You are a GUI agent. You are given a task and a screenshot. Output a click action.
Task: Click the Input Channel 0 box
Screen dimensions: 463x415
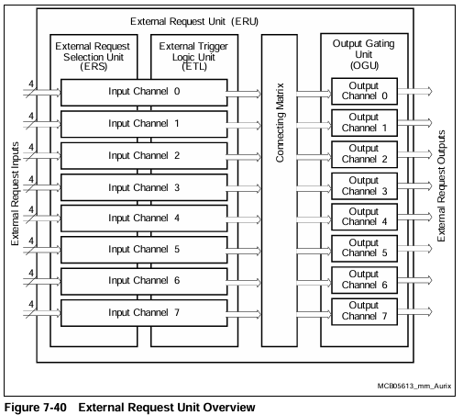click(x=144, y=93)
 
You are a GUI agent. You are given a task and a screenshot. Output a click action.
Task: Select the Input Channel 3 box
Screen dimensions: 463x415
click(x=144, y=187)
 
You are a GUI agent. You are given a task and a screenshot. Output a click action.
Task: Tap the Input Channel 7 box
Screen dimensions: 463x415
click(x=144, y=313)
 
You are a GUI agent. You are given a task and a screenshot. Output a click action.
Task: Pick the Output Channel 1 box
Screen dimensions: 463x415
click(x=364, y=123)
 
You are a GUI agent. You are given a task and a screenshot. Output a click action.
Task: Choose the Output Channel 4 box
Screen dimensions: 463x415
click(x=364, y=217)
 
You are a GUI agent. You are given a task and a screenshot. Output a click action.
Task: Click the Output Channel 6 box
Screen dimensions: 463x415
click(x=364, y=280)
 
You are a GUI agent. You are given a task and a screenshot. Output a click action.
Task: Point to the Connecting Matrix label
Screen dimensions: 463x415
click(x=280, y=122)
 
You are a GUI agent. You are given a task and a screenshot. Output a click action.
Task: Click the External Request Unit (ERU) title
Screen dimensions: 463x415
click(x=194, y=21)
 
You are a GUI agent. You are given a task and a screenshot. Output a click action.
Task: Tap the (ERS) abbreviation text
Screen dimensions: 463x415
click(x=94, y=66)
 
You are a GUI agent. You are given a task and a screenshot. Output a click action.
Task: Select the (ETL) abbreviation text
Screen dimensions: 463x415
click(x=194, y=66)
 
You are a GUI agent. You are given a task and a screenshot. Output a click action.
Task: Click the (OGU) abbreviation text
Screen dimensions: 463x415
click(x=364, y=65)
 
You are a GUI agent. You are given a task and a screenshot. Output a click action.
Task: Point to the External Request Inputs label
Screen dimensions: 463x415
click(x=15, y=194)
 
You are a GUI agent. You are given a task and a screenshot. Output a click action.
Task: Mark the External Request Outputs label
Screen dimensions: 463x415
click(x=441, y=185)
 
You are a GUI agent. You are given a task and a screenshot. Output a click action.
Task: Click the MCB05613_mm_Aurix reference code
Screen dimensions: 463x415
click(x=414, y=386)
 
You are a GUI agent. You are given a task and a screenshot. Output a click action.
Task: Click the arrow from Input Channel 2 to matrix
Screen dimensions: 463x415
click(x=244, y=157)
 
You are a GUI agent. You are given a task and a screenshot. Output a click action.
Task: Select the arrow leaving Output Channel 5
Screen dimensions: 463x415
click(x=415, y=249)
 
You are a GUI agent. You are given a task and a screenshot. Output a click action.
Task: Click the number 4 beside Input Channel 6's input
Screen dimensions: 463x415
click(x=31, y=273)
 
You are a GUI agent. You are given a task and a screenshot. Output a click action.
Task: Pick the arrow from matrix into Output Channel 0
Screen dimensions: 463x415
click(x=314, y=94)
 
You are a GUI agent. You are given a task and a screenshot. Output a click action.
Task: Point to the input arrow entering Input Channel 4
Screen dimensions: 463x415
click(x=42, y=219)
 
